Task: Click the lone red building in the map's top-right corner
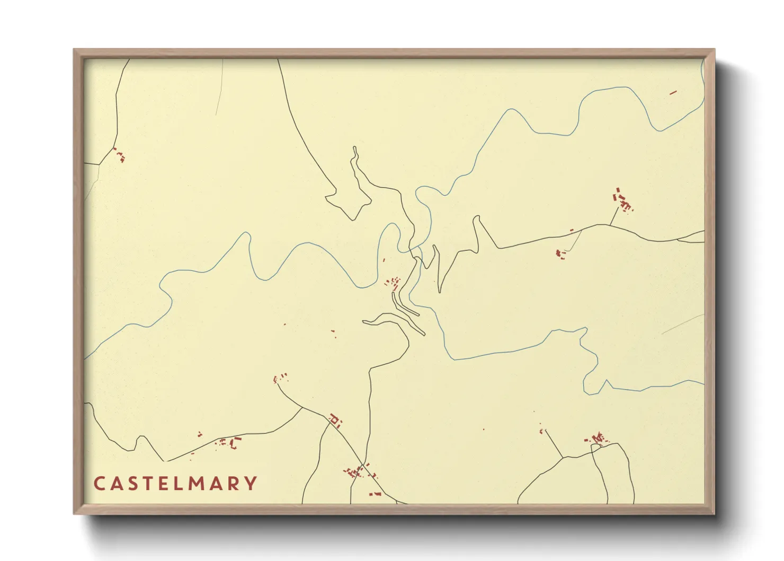point(673,93)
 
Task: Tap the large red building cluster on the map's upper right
point(623,200)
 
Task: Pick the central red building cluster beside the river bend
point(394,283)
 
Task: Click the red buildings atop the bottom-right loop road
point(596,439)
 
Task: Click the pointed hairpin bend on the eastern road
point(476,218)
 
